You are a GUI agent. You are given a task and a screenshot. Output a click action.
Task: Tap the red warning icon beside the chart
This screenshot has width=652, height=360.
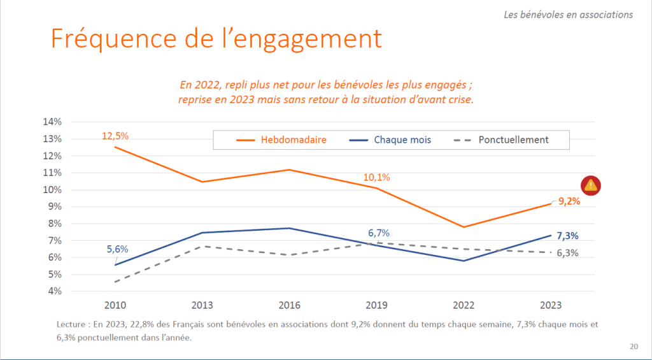[591, 185]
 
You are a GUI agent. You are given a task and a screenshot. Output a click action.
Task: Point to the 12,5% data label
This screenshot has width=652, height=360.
[115, 135]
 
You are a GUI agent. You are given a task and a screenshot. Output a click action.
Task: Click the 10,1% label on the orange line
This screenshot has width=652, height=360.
[377, 177]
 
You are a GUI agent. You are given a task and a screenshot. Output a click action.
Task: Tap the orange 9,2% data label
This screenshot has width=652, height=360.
[569, 201]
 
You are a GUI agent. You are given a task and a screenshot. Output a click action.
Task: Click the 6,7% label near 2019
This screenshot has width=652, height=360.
[379, 233]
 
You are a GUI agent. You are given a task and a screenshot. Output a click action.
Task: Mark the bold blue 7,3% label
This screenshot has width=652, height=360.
[567, 236]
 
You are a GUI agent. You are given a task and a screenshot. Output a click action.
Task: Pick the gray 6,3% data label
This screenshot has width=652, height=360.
[567, 252]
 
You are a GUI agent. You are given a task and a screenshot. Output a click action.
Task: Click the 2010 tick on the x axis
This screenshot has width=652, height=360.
[115, 305]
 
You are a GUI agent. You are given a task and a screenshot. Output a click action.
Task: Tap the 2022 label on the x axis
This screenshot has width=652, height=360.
[464, 305]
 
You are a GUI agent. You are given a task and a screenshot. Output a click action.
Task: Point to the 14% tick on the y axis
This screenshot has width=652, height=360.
[52, 122]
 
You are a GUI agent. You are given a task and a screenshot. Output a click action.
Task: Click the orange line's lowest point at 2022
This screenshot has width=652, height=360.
[464, 227]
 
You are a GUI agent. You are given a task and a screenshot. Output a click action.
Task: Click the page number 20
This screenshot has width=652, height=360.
[634, 347]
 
